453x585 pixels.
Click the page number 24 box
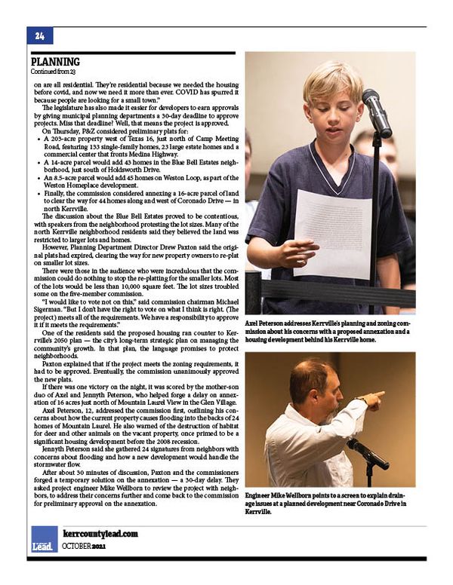[39, 35]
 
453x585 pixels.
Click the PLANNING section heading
[56, 62]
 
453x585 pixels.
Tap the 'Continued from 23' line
[52, 72]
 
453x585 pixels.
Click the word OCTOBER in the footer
[77, 546]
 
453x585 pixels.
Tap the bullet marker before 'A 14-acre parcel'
[39, 163]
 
